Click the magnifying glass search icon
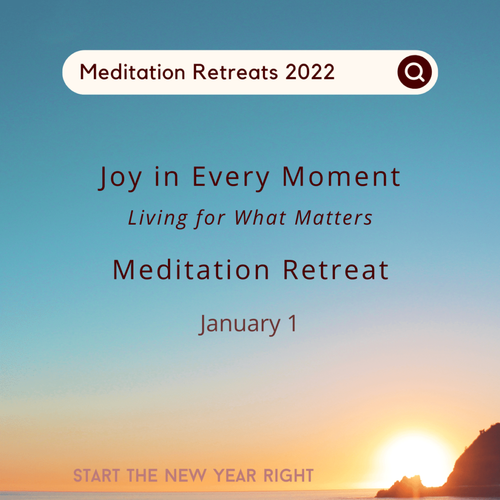415,72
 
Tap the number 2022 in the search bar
310,72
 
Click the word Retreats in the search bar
235,72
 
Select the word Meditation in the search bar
132,72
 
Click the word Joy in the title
120,178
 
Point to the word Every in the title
231,178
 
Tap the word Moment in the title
341,177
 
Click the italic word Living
158,219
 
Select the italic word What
260,218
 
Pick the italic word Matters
333,218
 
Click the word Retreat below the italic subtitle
336,270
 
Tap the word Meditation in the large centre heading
191,270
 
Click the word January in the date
239,325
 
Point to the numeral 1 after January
292,323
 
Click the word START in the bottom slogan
97,476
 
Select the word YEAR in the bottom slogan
235,476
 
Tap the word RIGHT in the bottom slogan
289,476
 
